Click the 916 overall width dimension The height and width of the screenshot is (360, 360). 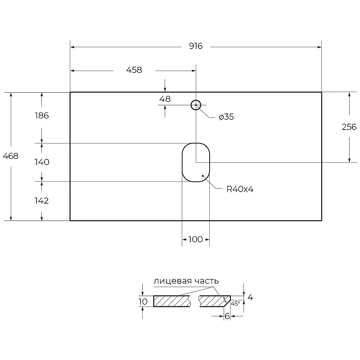tap(196, 46)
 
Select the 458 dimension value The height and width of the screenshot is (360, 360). tap(134, 70)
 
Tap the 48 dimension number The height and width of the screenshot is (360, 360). tap(165, 99)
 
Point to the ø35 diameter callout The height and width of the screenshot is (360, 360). tap(226, 117)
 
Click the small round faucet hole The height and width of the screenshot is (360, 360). tap(196, 100)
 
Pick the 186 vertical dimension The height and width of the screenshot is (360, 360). tap(42, 116)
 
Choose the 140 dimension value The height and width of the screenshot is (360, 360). tap(42, 162)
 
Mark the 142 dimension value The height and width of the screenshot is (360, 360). tap(41, 201)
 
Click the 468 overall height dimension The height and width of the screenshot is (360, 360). tap(10, 156)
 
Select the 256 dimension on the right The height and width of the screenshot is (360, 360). tap(349, 127)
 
